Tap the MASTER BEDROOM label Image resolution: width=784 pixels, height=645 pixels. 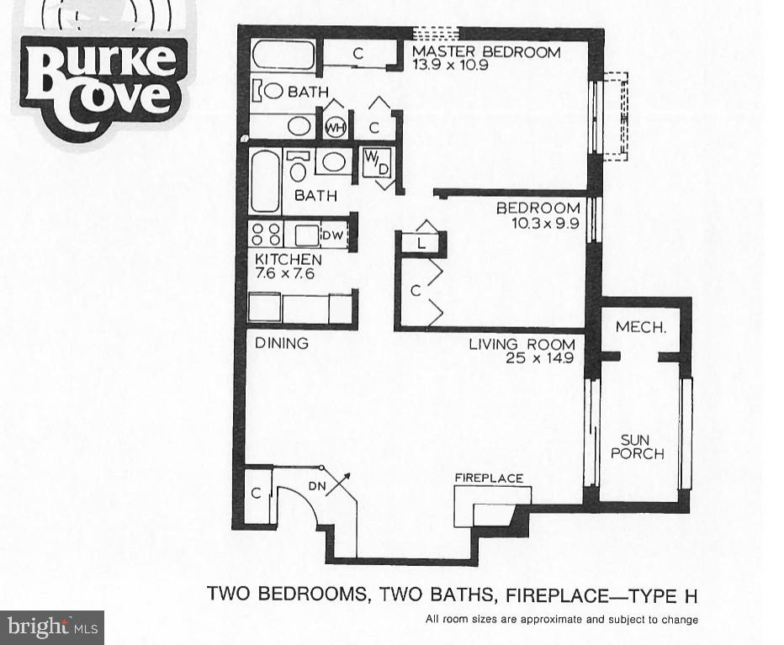coord(485,52)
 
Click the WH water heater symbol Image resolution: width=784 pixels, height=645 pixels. coord(335,127)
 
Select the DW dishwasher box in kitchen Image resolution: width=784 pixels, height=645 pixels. coord(332,236)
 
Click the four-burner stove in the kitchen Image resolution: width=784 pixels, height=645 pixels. coord(266,235)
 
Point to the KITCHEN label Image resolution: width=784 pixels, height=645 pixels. coord(289,260)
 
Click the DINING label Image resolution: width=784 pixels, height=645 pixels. coord(282,343)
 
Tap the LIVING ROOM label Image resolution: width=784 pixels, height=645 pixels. coord(522,344)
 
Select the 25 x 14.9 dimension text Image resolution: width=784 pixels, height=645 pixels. coord(540,358)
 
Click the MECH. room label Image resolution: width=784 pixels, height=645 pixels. coord(641,327)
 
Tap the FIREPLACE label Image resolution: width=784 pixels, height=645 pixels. coord(489,478)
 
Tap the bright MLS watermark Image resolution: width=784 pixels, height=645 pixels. coord(52,626)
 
